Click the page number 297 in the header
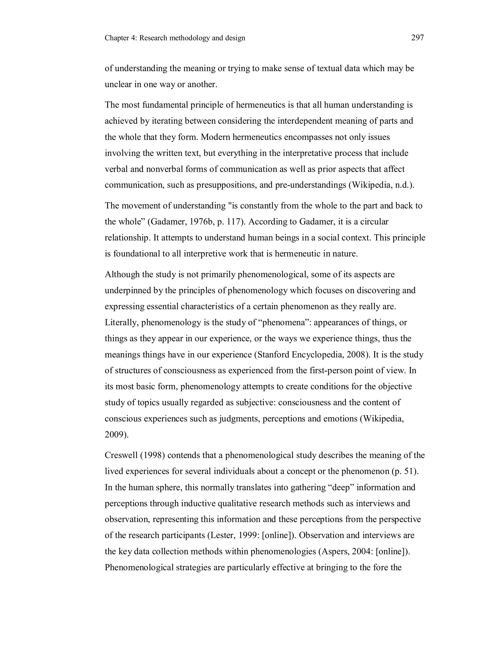[x=417, y=38]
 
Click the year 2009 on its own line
[x=114, y=435]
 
